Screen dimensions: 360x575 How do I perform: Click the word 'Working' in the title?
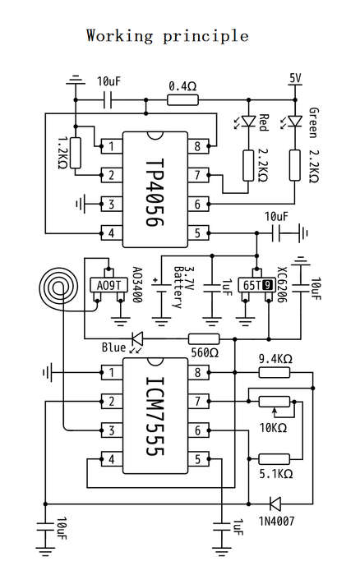point(119,36)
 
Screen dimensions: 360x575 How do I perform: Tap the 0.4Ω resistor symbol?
point(182,99)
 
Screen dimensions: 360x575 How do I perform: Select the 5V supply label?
point(295,78)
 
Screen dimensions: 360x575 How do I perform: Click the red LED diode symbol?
point(249,121)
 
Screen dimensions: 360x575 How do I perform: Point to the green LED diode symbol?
point(295,121)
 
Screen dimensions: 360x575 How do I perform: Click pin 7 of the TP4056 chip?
point(198,175)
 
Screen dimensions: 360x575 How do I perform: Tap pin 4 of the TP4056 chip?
point(111,232)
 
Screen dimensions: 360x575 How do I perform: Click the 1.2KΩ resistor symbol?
point(76,153)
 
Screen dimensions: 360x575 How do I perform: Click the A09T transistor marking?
point(108,285)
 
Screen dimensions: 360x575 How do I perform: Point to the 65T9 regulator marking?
point(257,285)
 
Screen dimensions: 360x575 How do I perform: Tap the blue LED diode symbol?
point(138,338)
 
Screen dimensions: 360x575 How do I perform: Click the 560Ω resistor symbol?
point(204,338)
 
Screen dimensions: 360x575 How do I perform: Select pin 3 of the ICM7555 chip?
point(111,430)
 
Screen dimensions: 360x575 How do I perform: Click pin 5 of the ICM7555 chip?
point(198,459)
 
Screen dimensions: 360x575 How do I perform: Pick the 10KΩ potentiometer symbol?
point(275,402)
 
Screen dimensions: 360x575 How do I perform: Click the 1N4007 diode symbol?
point(275,504)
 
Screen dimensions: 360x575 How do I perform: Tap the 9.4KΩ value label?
point(275,359)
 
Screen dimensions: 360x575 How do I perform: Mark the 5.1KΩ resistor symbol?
point(275,458)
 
